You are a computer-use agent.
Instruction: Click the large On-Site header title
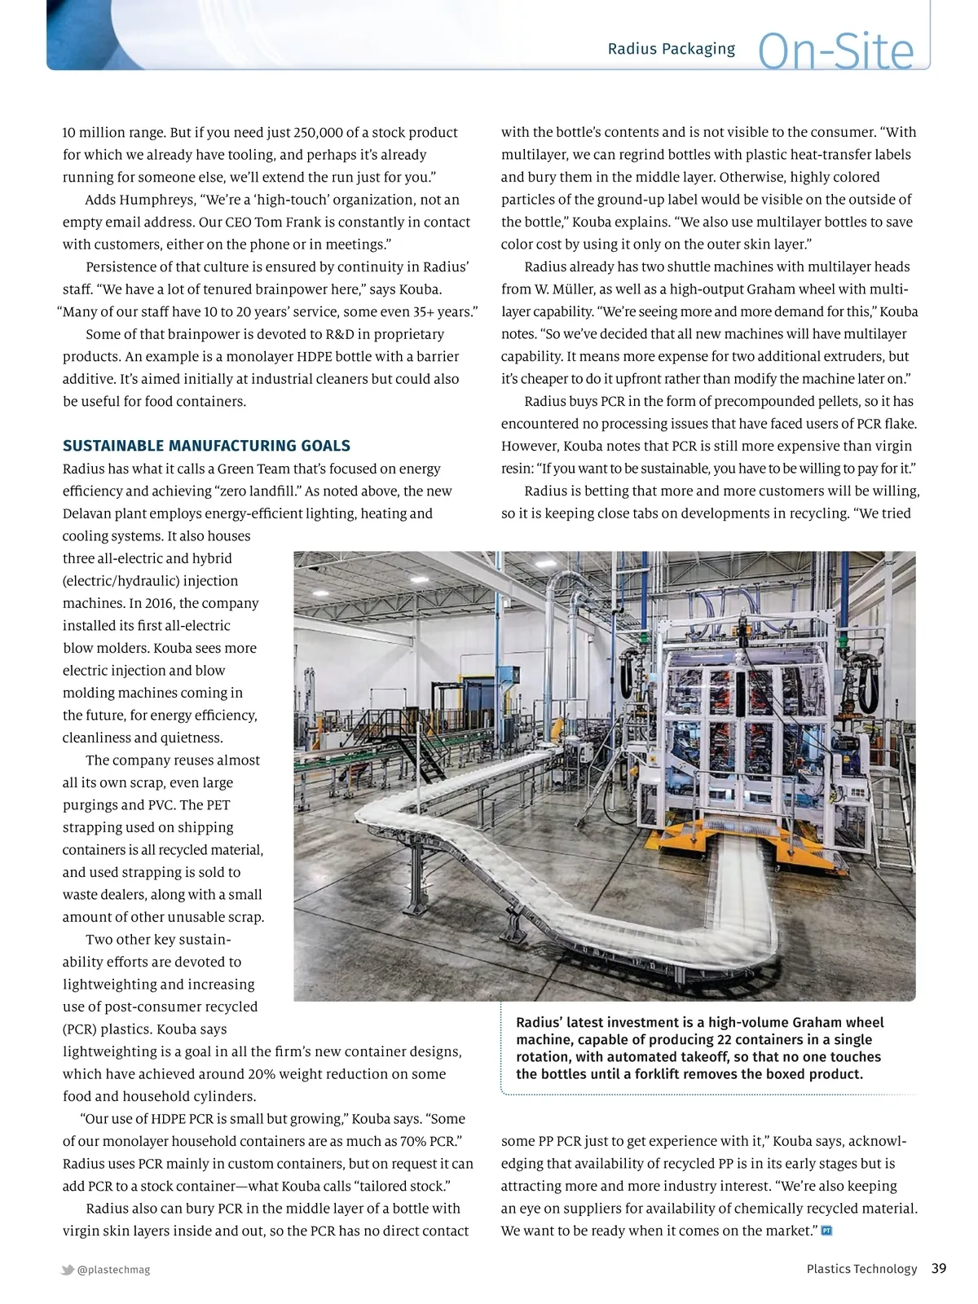[835, 51]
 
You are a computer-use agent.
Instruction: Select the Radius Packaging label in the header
[671, 49]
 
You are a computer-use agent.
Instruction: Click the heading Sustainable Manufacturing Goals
[206, 446]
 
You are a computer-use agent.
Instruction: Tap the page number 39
[939, 1268]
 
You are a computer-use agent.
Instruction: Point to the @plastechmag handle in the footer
[113, 1269]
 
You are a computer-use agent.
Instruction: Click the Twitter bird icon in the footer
[68, 1269]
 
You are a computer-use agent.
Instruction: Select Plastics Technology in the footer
[861, 1269]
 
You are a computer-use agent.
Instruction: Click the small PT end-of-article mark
[826, 1231]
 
